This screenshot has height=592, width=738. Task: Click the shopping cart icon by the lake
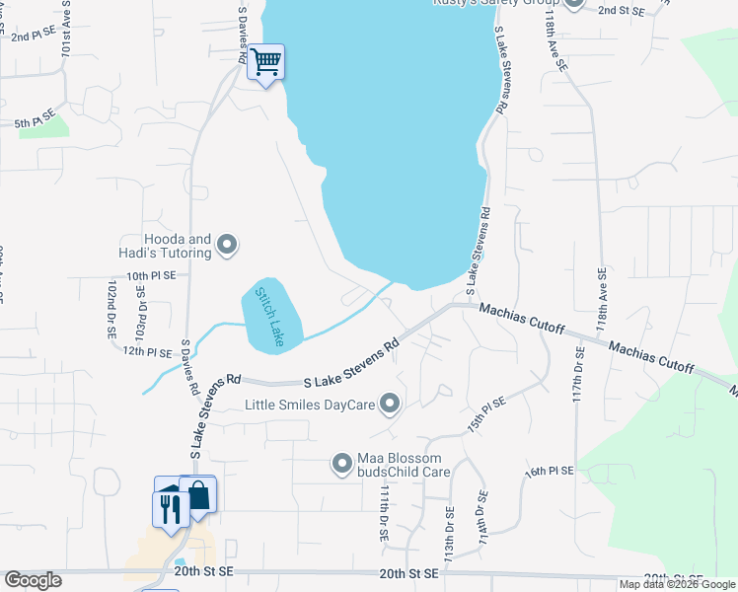265,62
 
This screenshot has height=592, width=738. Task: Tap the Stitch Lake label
268,317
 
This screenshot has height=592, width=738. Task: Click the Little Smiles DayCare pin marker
391,404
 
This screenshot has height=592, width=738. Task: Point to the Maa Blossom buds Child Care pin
343,463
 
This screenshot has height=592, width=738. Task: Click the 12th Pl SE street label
148,350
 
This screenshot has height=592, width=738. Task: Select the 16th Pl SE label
549,473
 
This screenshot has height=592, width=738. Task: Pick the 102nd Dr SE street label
111,309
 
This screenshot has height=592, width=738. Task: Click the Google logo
33,580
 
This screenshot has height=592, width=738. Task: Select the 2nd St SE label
622,10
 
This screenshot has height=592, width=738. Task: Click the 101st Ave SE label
67,34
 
